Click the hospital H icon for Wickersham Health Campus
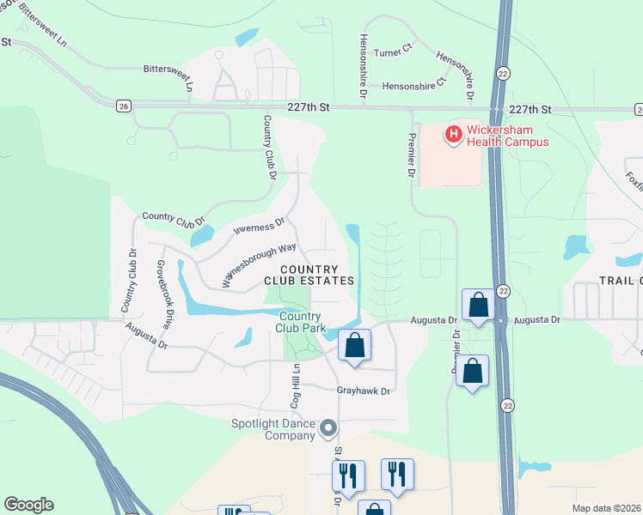click(x=452, y=134)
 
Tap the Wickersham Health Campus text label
click(x=507, y=136)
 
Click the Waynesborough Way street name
click(x=259, y=264)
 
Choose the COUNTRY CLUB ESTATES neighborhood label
click(x=309, y=275)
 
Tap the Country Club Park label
click(x=300, y=322)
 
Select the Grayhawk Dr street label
click(x=363, y=391)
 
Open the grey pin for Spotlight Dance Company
click(x=327, y=427)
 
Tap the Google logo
click(x=28, y=505)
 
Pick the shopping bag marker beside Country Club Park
click(x=354, y=346)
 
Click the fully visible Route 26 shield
click(x=125, y=106)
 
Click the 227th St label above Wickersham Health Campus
click(x=528, y=110)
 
